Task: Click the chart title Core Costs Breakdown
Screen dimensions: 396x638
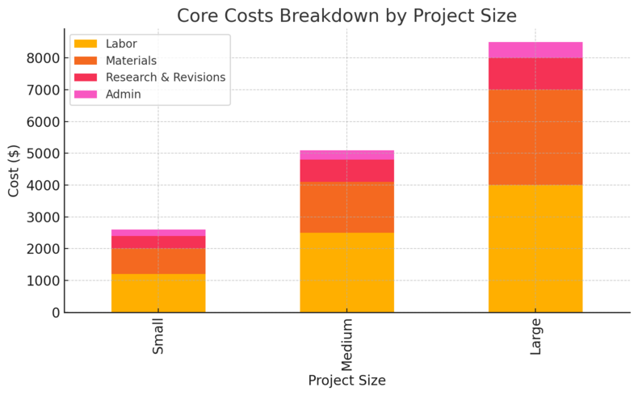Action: click(346, 16)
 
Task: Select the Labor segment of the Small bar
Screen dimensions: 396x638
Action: click(158, 293)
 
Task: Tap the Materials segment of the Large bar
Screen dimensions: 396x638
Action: click(535, 137)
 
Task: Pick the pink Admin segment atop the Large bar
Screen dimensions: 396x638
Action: click(535, 50)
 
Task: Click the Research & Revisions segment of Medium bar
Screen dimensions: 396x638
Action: click(346, 171)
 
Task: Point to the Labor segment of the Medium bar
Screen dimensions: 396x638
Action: click(346, 272)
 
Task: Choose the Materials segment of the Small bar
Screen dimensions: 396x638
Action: click(158, 261)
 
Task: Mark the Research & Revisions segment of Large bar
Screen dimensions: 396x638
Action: click(535, 74)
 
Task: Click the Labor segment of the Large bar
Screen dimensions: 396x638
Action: click(535, 249)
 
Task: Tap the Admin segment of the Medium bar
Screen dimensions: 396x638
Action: click(346, 154)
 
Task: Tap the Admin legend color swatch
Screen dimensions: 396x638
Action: click(86, 94)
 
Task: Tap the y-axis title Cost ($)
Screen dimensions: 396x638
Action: click(14, 171)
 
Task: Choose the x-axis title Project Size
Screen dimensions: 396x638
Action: click(346, 381)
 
